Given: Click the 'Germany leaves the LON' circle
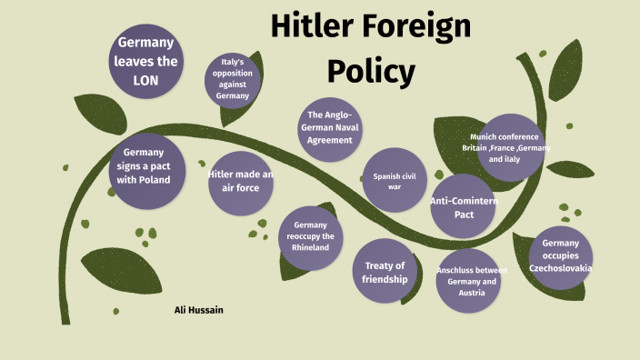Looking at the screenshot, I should (145, 62).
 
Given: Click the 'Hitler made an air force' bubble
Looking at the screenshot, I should (240, 181).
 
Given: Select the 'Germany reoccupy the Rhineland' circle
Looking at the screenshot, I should (311, 237).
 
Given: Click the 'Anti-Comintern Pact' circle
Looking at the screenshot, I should (464, 208).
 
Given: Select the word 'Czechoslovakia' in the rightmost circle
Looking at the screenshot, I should (561, 268).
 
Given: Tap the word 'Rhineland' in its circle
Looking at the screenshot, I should (311, 247).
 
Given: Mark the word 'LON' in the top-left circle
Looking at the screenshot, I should (145, 80).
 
